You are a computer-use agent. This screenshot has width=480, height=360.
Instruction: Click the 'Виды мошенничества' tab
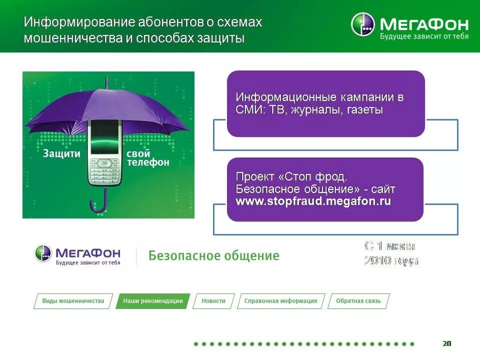pyautogui.click(x=73, y=301)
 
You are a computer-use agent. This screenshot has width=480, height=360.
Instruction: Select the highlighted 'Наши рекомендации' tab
pyautogui.click(x=153, y=301)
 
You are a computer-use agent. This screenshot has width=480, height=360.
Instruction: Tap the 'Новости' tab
pyautogui.click(x=213, y=301)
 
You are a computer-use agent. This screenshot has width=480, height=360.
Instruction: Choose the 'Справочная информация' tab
pyautogui.click(x=280, y=301)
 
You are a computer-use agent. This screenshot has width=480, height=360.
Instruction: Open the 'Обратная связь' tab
pyautogui.click(x=358, y=301)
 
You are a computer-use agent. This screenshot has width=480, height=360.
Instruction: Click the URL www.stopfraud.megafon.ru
pyautogui.click(x=313, y=201)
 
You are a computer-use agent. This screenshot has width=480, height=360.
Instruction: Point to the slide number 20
pyautogui.click(x=446, y=343)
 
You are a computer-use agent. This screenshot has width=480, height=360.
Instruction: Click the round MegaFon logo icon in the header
pyautogui.click(x=362, y=24)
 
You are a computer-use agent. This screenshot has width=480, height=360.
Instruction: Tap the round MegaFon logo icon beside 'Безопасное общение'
pyautogui.click(x=43, y=253)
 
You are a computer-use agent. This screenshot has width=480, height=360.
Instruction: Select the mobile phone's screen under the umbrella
pyautogui.click(x=106, y=136)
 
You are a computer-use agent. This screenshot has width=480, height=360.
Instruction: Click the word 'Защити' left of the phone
pyautogui.click(x=61, y=154)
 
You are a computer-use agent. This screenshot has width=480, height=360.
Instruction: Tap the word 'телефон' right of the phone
pyautogui.click(x=148, y=162)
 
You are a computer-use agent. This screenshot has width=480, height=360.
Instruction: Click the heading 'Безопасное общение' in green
pyautogui.click(x=214, y=256)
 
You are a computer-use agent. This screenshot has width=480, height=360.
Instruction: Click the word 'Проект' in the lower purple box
pyautogui.click(x=255, y=177)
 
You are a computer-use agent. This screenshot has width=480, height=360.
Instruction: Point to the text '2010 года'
pyautogui.click(x=391, y=260)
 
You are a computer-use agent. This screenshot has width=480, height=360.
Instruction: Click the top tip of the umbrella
pyautogui.click(x=106, y=80)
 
